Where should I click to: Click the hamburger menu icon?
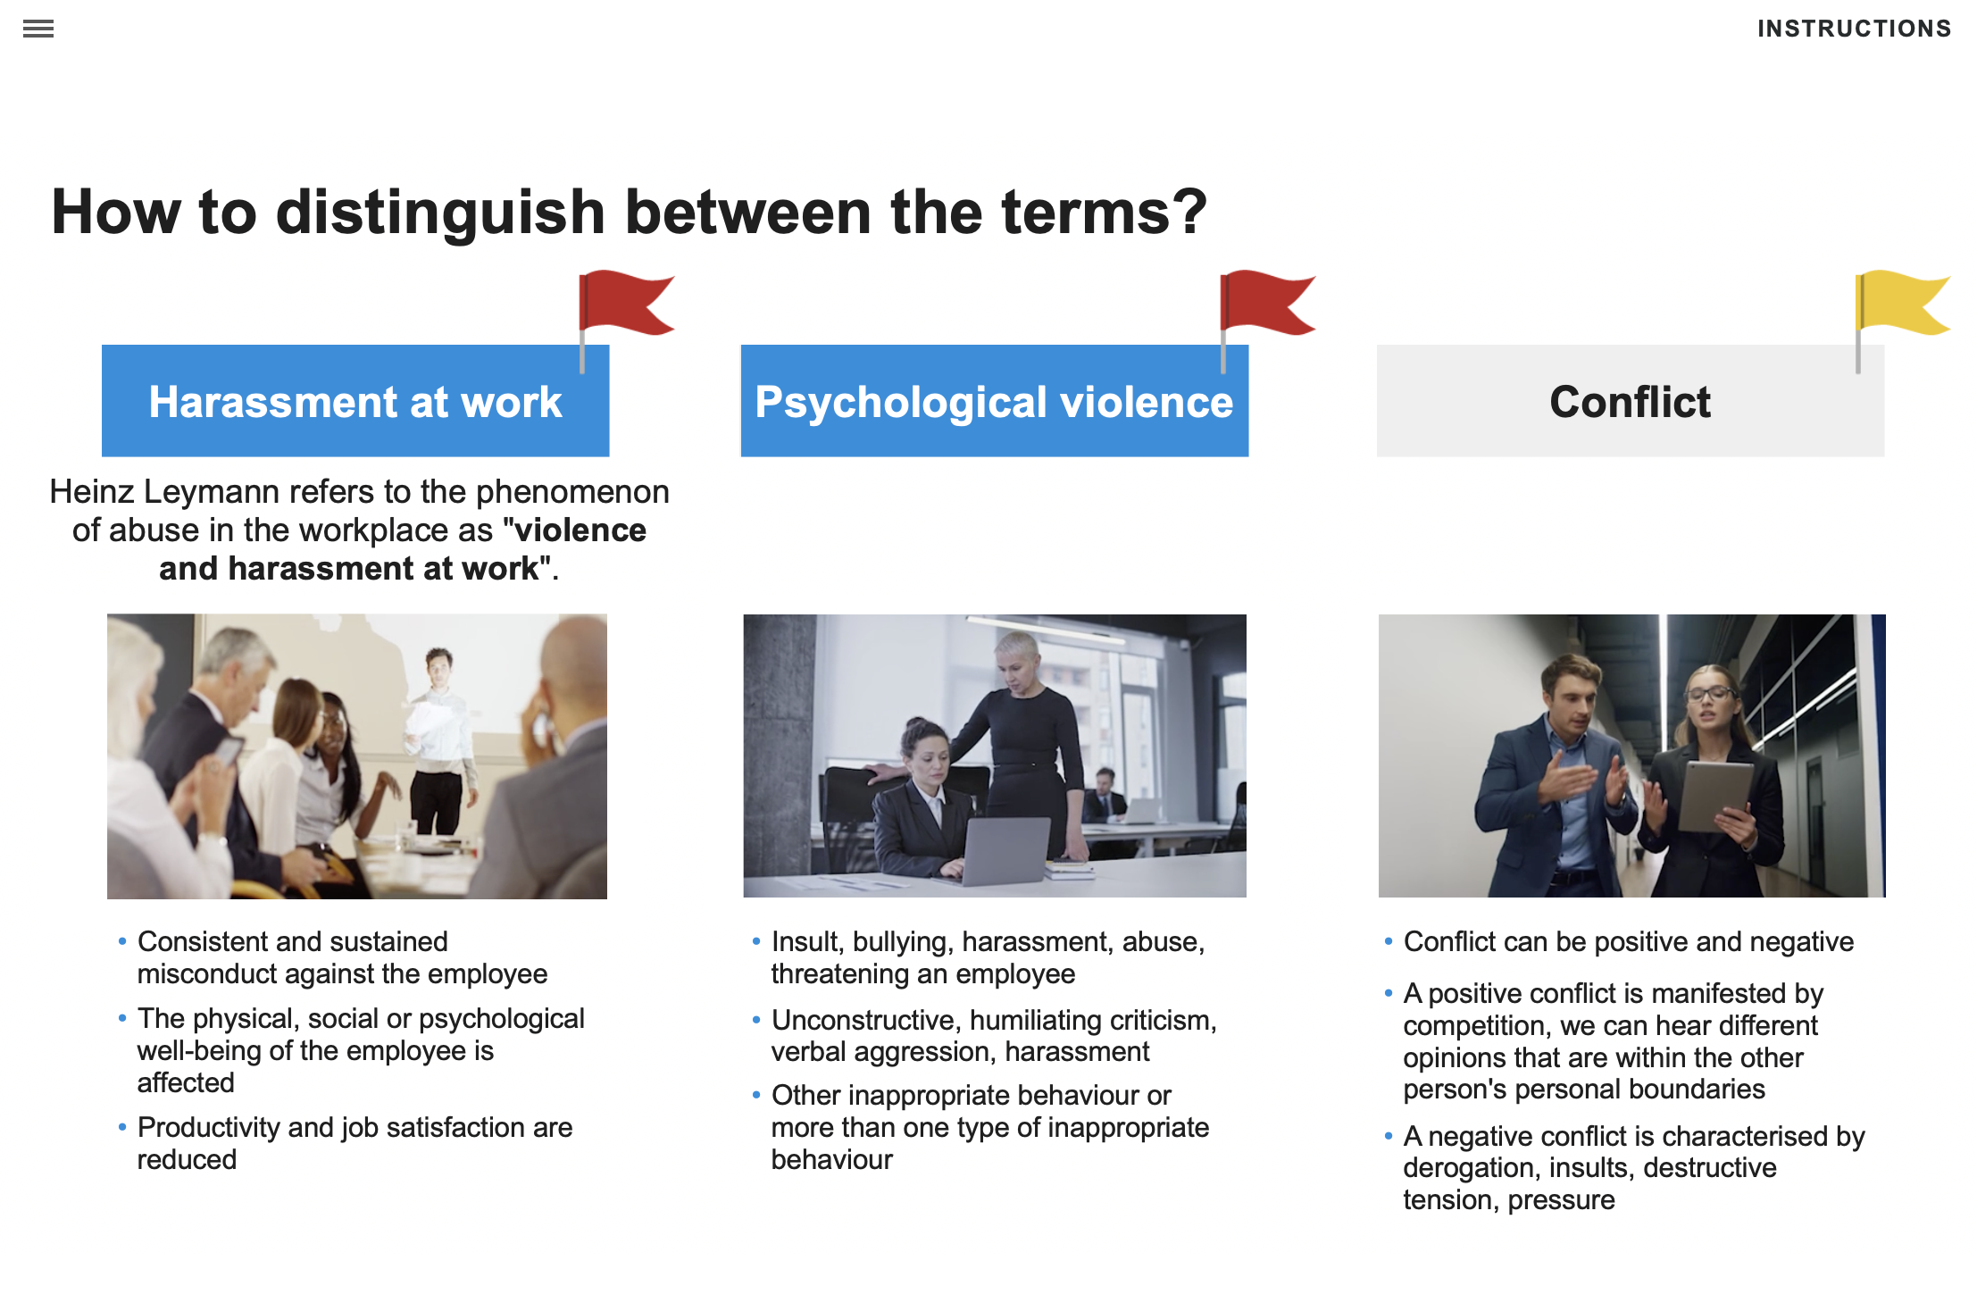(x=38, y=29)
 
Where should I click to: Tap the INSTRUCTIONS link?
(x=1854, y=29)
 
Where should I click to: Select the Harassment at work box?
(x=355, y=401)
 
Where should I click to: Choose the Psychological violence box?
(x=994, y=401)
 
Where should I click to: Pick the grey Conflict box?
(x=1630, y=401)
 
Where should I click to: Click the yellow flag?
(x=1899, y=304)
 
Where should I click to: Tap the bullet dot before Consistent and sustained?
(x=122, y=941)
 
